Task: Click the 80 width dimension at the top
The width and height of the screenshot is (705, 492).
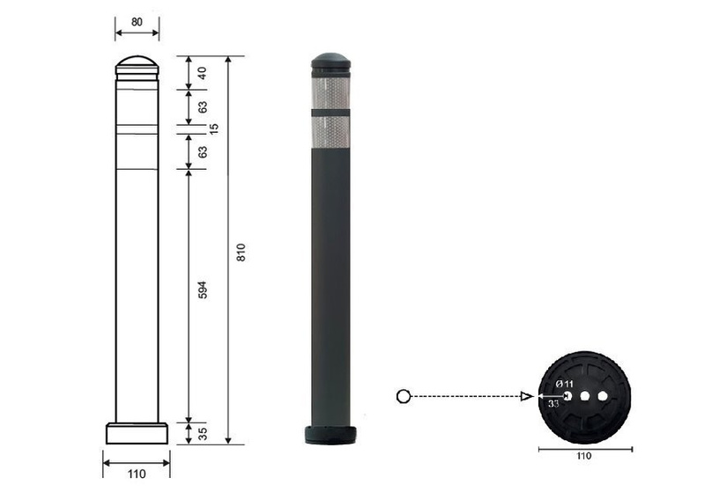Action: pos(137,21)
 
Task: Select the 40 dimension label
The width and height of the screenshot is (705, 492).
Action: pos(203,73)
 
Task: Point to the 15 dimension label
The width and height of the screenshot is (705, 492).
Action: pos(214,128)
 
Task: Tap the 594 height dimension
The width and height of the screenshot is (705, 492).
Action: pos(203,290)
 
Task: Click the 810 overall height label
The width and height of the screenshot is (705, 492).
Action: pos(241,253)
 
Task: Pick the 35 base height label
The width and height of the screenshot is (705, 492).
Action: pos(203,434)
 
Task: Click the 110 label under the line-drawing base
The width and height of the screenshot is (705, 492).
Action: pos(137,474)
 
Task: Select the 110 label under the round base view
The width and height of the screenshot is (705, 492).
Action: pos(584,456)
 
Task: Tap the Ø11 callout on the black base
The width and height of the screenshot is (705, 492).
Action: pos(565,385)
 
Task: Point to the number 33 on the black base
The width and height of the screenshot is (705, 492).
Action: pos(553,404)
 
